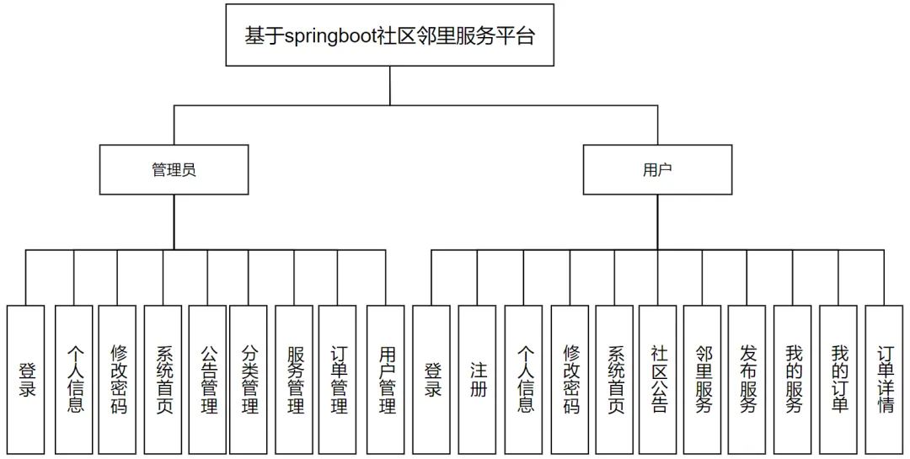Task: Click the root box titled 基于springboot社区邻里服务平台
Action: [389, 35]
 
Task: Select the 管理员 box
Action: [174, 169]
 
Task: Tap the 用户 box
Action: [657, 169]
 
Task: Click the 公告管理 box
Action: [207, 380]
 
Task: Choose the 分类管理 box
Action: [249, 380]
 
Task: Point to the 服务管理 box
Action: [294, 380]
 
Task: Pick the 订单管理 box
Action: [337, 380]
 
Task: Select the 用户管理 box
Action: [385, 380]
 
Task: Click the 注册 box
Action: [477, 380]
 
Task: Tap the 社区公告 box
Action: [657, 380]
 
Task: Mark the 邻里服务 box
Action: [702, 380]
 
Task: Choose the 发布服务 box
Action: [747, 380]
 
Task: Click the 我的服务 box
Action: [792, 380]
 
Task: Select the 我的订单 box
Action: [838, 380]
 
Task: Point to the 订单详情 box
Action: [884, 380]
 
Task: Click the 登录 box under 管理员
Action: [25, 380]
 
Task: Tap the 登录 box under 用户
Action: [431, 380]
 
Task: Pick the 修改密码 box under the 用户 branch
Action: [570, 380]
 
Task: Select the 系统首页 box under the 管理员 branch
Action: [163, 380]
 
